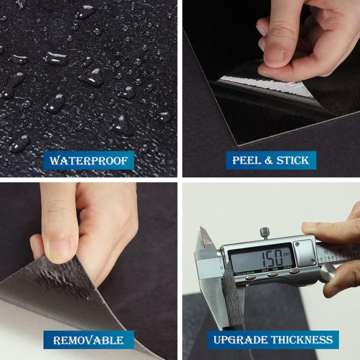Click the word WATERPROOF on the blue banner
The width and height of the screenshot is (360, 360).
coord(88,160)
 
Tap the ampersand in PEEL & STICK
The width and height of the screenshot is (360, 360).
coord(268,160)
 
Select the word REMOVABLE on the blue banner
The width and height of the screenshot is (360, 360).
coord(88,340)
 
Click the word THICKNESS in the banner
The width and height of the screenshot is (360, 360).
coord(301,340)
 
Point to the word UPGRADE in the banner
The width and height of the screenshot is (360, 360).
coord(240,340)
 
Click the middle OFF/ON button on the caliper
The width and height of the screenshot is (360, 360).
coord(273,275)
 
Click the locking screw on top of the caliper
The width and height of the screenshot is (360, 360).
coord(264,233)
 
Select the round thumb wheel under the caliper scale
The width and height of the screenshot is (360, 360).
coord(327,273)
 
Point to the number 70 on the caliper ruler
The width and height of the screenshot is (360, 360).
coord(325,252)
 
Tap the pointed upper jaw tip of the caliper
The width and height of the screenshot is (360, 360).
coord(201,227)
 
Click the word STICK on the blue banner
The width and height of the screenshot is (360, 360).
coord(292,160)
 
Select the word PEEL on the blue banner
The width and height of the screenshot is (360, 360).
coord(246,160)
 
